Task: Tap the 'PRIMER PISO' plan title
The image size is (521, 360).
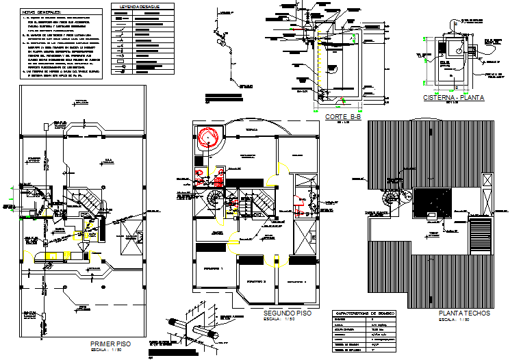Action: coord(110,342)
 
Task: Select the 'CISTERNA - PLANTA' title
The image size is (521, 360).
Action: coord(453,98)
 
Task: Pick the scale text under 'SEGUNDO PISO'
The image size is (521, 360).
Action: coord(281,318)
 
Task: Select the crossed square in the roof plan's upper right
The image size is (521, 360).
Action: coord(487,180)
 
